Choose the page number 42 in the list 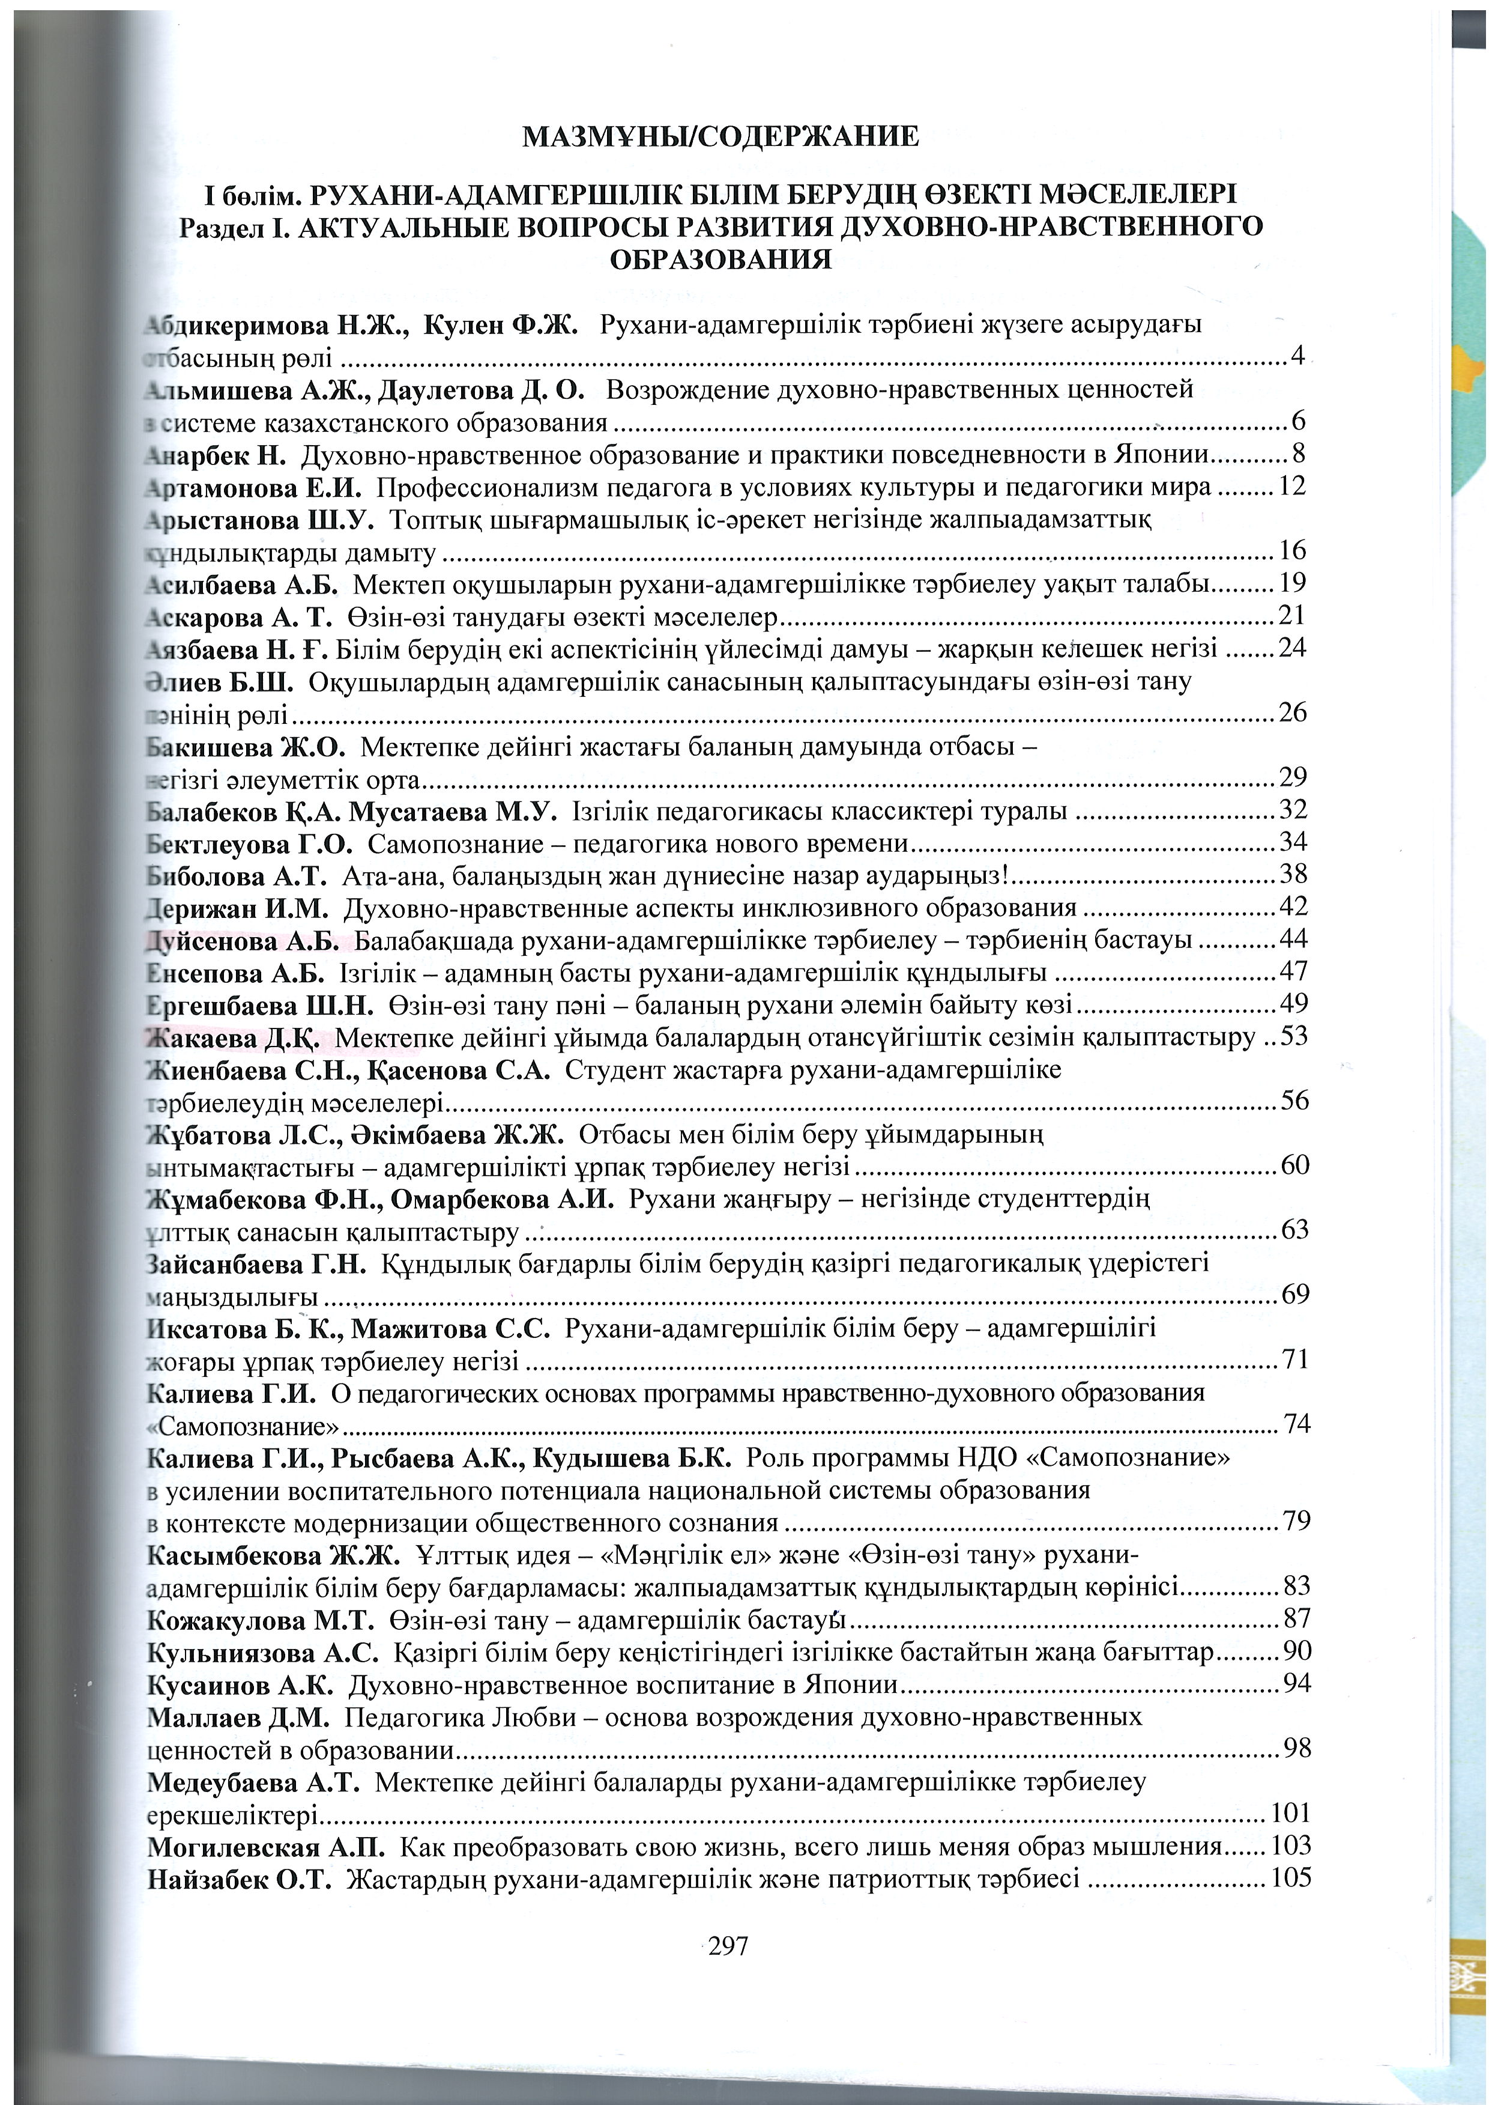(1293, 907)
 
